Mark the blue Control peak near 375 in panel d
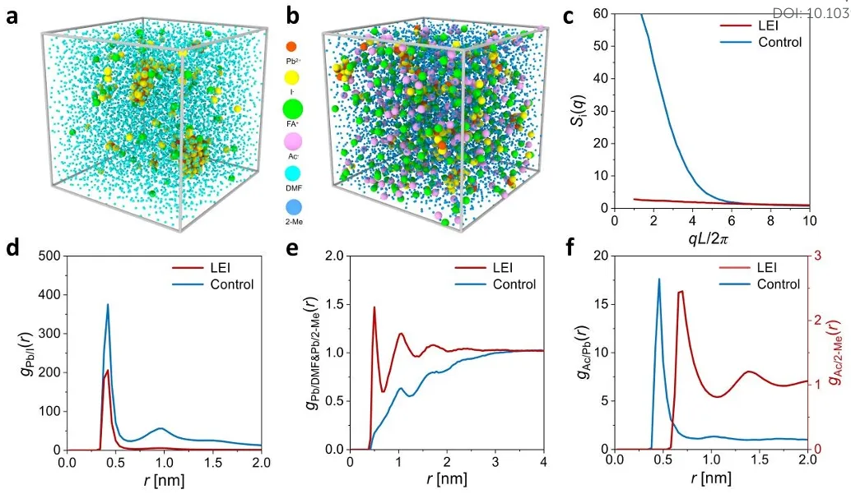coord(107,305)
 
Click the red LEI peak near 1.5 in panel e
coord(374,308)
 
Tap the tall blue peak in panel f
coord(658,279)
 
